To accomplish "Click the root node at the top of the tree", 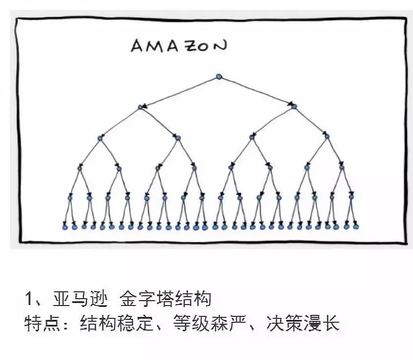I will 219,77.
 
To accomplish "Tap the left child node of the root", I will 140,107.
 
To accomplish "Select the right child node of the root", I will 294,106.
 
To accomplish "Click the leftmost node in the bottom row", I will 65,227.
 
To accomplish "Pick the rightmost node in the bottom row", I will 357,227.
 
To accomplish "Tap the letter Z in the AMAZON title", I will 191,46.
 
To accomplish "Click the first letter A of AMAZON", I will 136,47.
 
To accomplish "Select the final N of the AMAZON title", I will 221,46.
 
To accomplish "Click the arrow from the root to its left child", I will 179,92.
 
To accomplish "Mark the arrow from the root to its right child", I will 257,91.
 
